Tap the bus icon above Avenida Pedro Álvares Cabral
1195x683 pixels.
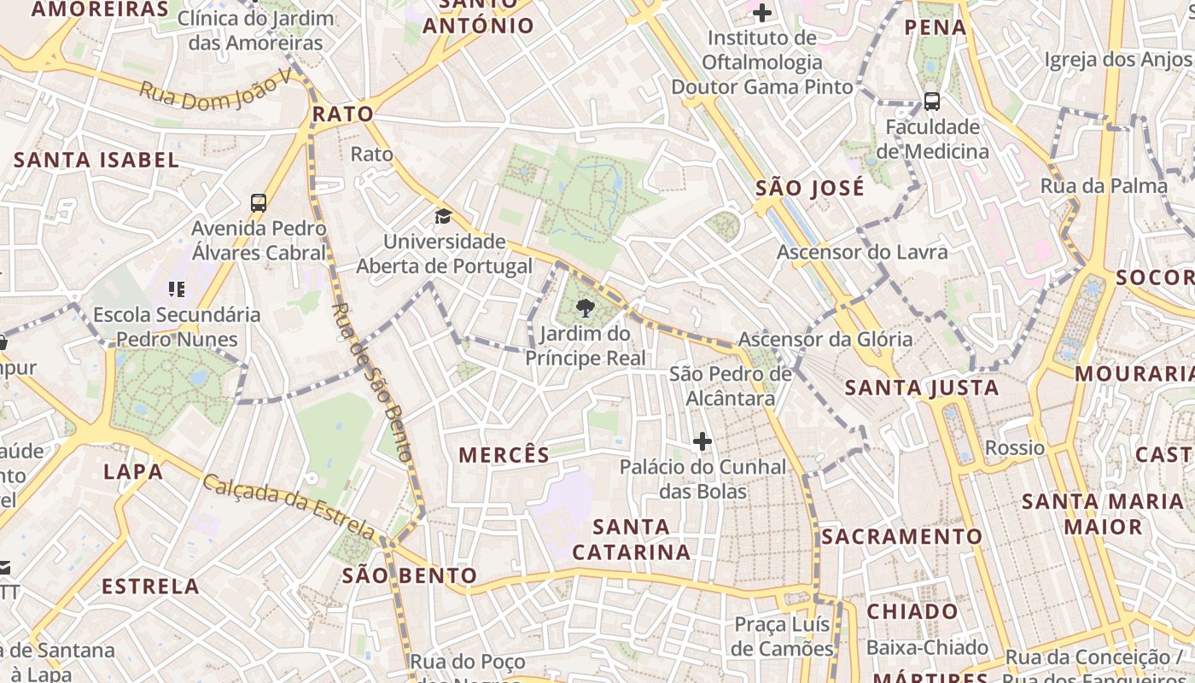[259, 203]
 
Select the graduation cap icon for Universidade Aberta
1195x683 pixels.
[443, 216]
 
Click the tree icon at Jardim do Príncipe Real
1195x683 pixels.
[586, 308]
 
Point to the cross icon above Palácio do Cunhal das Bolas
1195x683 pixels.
[702, 441]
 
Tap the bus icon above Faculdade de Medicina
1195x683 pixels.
[932, 102]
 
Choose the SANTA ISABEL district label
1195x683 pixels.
[96, 160]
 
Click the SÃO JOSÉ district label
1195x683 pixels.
[810, 188]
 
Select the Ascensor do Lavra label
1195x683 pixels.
[862, 252]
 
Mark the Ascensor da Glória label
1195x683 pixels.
[825, 339]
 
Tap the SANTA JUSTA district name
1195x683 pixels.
[922, 388]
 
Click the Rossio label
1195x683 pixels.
[1015, 447]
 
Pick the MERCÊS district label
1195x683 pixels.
[504, 455]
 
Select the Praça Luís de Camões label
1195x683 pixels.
[783, 637]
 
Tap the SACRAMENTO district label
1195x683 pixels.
[901, 537]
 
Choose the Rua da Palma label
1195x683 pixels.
[1104, 185]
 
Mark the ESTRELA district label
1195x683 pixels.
[150, 587]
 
